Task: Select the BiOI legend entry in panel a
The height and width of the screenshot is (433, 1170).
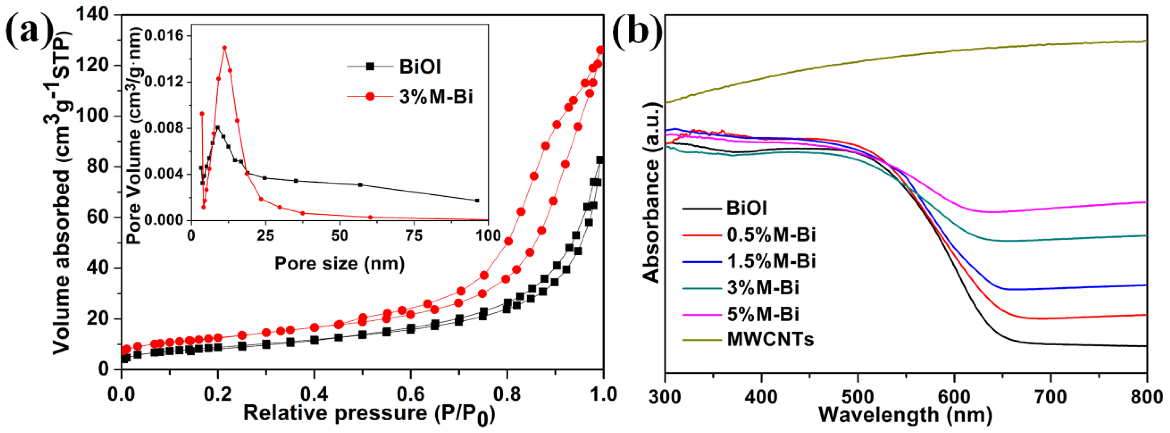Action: click(x=419, y=67)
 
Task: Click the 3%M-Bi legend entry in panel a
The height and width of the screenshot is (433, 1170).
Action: click(x=435, y=97)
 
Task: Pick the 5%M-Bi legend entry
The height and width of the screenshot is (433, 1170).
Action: click(x=763, y=314)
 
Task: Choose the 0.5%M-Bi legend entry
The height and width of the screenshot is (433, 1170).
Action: click(x=771, y=235)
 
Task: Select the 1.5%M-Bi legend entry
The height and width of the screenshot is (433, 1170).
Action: click(x=771, y=261)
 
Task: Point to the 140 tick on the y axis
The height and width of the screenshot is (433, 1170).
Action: click(x=92, y=15)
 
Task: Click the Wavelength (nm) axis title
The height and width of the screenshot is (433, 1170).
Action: click(x=905, y=415)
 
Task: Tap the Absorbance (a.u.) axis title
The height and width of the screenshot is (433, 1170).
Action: click(x=651, y=193)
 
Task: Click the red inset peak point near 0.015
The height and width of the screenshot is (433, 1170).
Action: click(x=224, y=47)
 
